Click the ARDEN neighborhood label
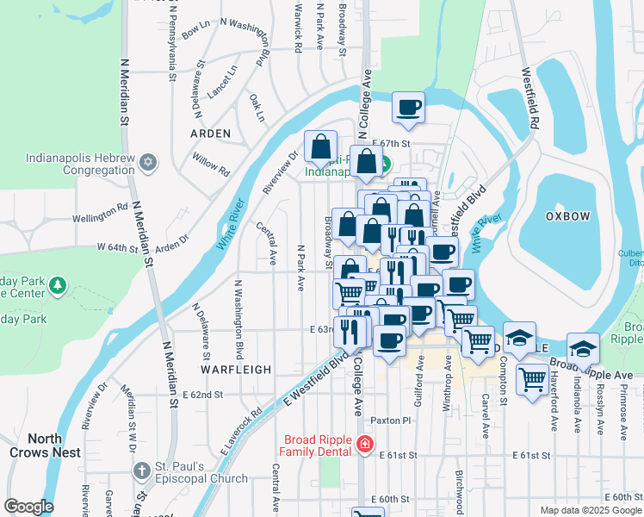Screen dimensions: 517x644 tap(210, 134)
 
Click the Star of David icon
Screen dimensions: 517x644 tap(148, 161)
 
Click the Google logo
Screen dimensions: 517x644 tap(28, 507)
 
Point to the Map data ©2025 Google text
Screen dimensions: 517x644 tap(590, 510)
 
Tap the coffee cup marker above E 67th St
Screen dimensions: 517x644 tap(409, 108)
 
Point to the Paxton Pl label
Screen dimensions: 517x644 tap(392, 420)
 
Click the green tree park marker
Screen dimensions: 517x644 tap(58, 285)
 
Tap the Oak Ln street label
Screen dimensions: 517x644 tap(257, 108)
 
